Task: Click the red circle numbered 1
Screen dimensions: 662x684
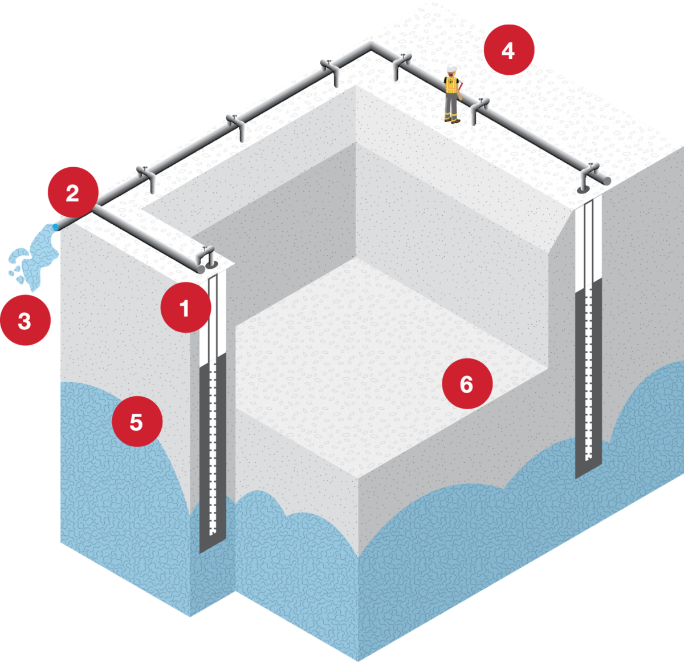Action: (x=185, y=308)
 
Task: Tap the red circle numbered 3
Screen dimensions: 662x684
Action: (x=25, y=321)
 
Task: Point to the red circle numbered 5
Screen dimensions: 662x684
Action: (x=137, y=422)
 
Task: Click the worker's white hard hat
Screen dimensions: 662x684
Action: (x=451, y=69)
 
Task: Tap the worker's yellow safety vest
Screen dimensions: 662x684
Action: (x=451, y=84)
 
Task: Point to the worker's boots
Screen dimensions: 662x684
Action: (x=451, y=119)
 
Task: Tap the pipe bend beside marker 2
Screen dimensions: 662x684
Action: (x=95, y=207)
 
